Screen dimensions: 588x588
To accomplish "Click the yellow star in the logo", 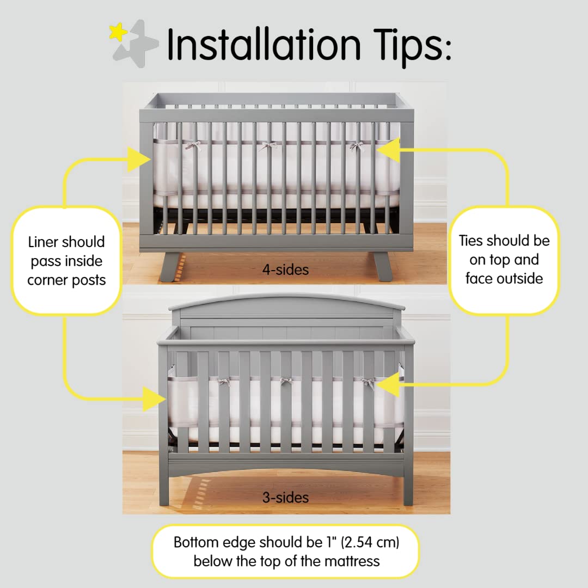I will point(118,33).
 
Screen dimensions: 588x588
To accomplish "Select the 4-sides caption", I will point(285,269).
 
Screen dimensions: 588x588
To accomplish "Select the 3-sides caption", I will point(285,498).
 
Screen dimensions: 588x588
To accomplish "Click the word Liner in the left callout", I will point(44,242).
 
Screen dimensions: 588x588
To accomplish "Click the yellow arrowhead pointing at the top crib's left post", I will point(139,160).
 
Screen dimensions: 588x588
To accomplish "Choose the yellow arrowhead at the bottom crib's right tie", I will point(387,385).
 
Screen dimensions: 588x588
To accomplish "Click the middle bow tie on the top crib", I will point(267,145).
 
